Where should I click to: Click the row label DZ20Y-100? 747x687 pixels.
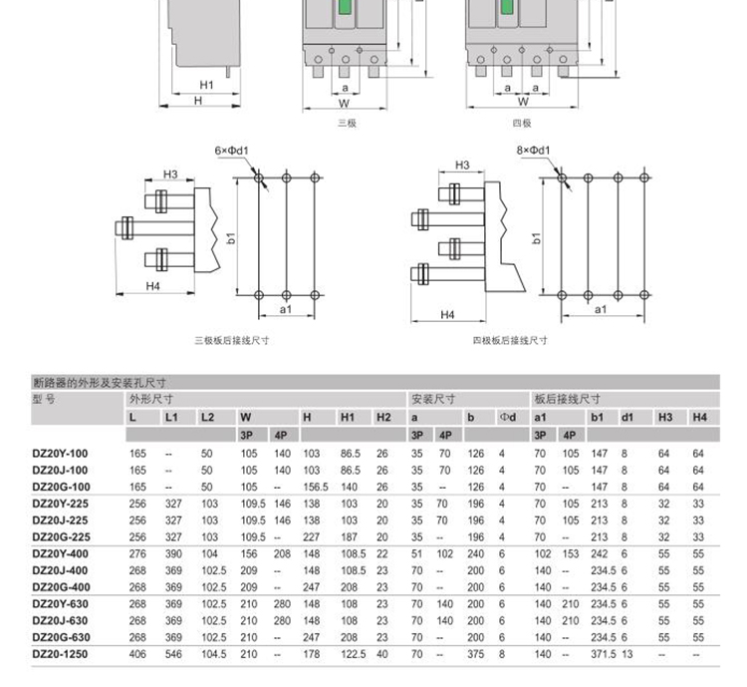(60, 453)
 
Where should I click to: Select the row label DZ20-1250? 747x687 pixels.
(60, 654)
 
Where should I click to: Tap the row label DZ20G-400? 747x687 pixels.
(60, 587)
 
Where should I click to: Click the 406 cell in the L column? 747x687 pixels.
(137, 654)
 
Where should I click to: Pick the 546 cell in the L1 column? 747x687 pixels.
(173, 654)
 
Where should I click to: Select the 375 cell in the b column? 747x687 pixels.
(475, 654)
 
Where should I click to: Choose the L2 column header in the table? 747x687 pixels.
(207, 416)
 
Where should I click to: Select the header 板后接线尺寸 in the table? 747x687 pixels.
(567, 398)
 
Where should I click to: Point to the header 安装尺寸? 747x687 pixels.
(432, 398)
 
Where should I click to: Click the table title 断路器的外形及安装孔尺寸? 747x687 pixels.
(99, 381)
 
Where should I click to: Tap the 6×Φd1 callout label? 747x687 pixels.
(230, 151)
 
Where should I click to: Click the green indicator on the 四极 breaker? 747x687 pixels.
(508, 9)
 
